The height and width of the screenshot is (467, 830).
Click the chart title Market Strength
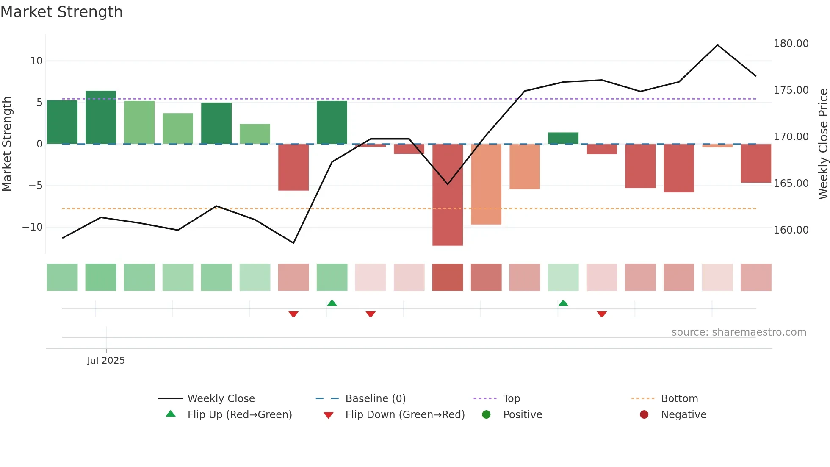point(61,12)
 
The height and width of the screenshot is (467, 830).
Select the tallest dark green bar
point(101,117)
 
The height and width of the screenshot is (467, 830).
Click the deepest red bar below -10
point(448,195)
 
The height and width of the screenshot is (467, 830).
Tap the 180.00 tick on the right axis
point(791,44)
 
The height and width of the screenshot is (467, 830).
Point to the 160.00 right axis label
point(791,230)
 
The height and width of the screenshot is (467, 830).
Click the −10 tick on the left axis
point(33,227)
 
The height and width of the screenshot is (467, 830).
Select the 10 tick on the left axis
point(36,61)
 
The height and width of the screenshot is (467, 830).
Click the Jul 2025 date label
point(106,361)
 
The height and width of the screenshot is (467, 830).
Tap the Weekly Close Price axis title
point(823,144)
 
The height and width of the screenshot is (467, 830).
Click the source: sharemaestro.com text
point(739,332)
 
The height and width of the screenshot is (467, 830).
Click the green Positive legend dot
point(486,415)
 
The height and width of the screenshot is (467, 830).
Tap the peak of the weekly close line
point(717,45)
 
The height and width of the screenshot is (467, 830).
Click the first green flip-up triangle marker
point(332,303)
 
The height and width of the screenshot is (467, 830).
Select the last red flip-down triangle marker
point(602,314)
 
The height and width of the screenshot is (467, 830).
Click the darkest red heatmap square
point(448,277)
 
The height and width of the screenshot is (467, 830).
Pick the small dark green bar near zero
point(563,138)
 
